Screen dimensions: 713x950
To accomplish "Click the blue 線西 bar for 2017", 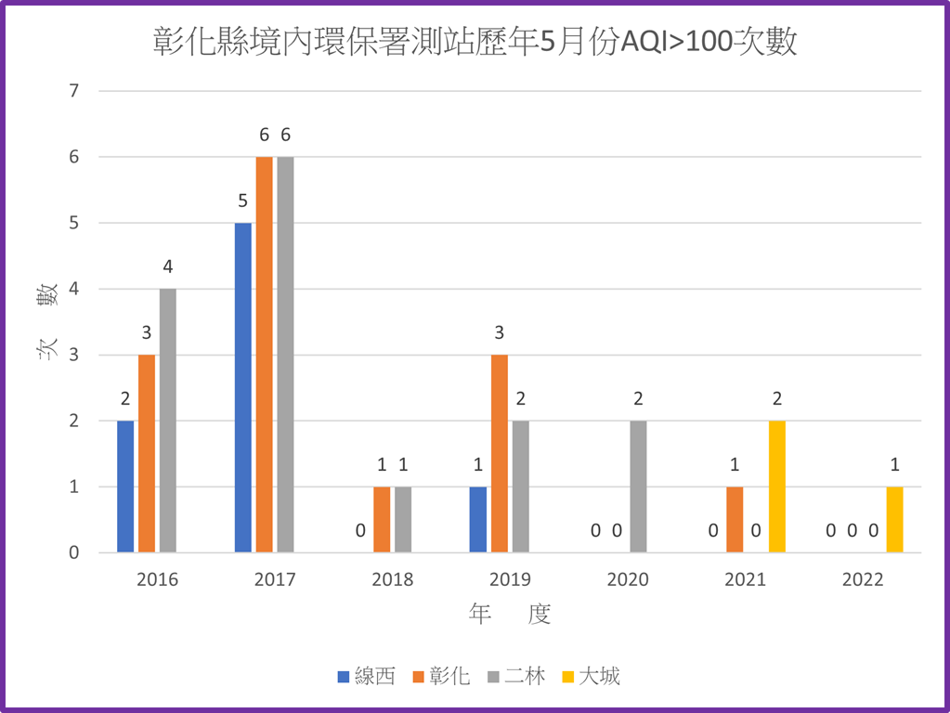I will click(242, 387).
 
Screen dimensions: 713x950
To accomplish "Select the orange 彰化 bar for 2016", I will click(146, 453).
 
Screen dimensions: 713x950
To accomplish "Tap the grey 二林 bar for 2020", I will click(638, 486).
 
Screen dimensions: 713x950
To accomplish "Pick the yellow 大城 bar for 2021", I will click(777, 486).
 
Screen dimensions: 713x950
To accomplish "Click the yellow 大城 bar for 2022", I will click(894, 519).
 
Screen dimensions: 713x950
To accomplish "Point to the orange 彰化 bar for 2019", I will click(500, 453).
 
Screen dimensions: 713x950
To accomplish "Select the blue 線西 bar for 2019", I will click(478, 519).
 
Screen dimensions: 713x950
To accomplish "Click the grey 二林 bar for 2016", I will click(167, 421).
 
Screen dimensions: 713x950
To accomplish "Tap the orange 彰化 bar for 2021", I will click(735, 519).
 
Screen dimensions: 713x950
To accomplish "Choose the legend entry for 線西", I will click(366, 676).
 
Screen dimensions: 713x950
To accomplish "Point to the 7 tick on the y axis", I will click(74, 91).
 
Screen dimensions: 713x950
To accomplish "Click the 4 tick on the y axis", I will click(74, 289).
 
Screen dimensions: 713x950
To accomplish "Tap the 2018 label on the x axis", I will click(392, 580).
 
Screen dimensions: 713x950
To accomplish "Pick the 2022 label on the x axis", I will click(863, 580).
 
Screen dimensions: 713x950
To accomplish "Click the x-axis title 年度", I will click(510, 614).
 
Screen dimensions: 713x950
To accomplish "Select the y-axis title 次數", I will click(46, 321).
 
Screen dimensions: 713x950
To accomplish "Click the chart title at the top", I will click(475, 43).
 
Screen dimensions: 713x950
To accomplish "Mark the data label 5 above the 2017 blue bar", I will click(242, 201).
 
